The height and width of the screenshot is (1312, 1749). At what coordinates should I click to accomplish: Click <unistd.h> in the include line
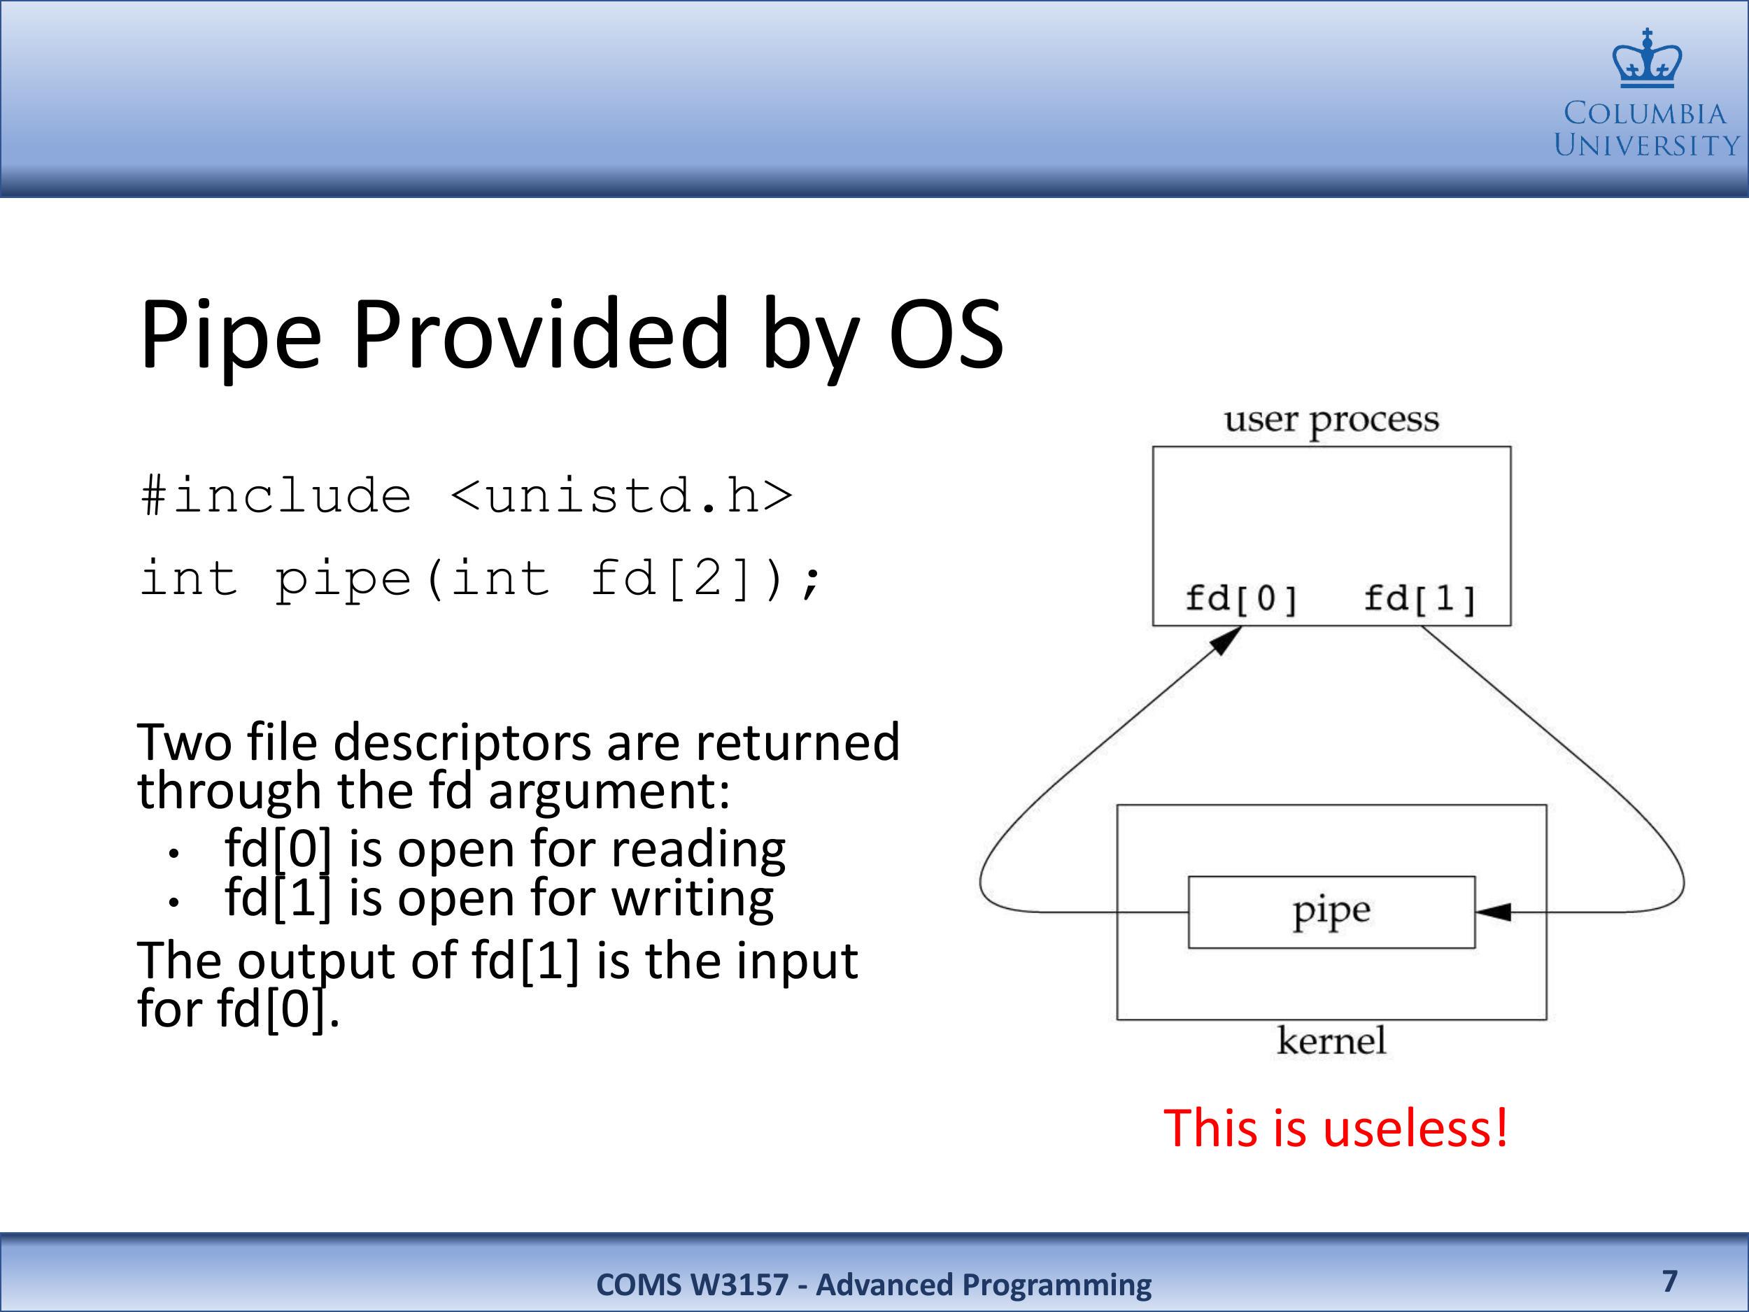621,497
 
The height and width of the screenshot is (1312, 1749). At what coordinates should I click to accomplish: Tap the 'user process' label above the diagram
1331,420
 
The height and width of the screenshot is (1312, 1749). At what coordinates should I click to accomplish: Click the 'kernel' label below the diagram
1331,1040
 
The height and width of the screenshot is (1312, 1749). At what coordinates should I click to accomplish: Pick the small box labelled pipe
1331,912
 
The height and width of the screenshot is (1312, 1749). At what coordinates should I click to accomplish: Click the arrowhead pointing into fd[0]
1226,640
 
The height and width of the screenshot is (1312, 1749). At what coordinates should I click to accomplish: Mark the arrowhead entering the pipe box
1493,912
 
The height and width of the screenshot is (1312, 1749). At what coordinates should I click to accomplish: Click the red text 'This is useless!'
1336,1128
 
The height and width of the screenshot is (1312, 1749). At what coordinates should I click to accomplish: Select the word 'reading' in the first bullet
698,850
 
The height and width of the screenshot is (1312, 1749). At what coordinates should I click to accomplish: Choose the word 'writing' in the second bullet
693,899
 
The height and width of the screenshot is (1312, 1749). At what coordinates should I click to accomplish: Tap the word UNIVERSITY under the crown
1646,146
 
